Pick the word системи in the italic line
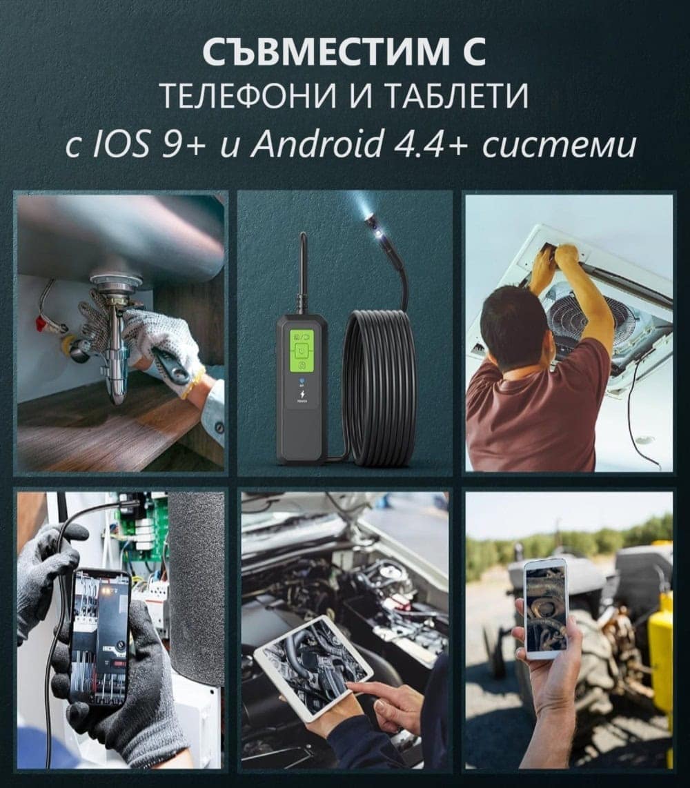[x=558, y=146]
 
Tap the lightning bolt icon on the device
[x=302, y=395]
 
